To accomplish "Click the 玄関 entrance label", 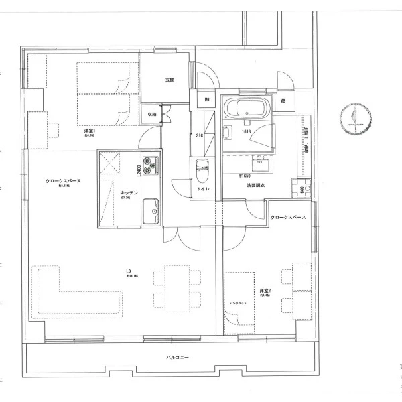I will (170, 80).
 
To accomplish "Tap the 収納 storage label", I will (152, 115).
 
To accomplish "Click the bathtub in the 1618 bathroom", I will (247, 109).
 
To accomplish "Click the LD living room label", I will (128, 271).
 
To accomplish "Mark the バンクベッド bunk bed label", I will (239, 303).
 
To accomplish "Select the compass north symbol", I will (354, 118).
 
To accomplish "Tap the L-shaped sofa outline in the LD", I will (67, 295).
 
